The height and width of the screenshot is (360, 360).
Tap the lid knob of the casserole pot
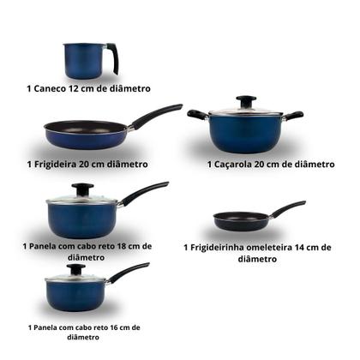point(246,100)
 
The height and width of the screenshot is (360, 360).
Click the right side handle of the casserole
point(293,115)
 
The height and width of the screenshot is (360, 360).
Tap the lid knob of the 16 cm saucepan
point(75,268)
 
